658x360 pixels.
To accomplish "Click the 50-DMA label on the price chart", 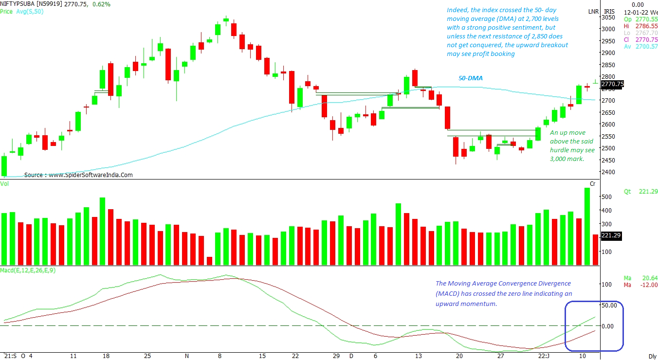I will point(471,78).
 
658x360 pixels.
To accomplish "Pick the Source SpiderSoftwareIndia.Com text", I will point(78,175).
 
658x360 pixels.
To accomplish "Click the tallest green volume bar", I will point(587,226).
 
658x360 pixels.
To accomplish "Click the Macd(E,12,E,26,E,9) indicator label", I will point(28,270).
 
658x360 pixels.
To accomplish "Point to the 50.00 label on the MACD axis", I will point(609,306).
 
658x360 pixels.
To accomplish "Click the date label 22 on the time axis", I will point(295,356).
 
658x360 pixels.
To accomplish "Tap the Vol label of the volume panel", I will point(5,183).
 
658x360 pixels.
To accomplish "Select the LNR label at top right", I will point(593,11).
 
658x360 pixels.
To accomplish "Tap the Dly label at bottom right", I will point(652,356).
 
